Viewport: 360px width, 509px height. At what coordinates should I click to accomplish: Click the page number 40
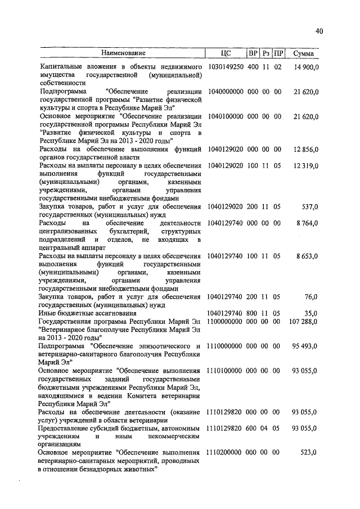(319, 32)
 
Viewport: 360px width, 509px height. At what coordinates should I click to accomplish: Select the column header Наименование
(121, 53)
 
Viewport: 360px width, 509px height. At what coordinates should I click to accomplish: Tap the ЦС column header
(226, 53)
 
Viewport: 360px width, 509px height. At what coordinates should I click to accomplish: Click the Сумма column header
(303, 53)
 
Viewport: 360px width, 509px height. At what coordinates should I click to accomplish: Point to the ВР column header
(253, 53)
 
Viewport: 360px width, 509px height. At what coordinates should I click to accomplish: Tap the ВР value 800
(253, 313)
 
